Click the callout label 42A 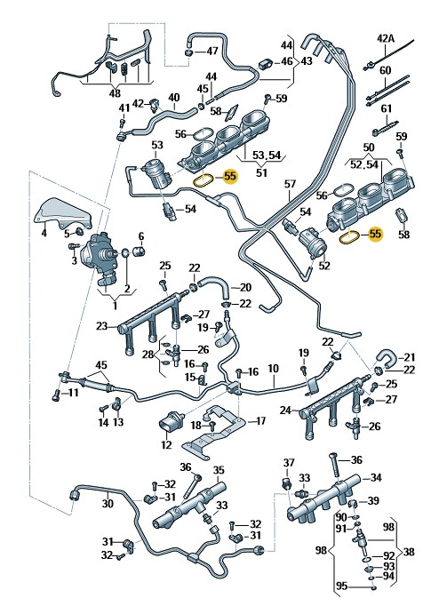coord(386,38)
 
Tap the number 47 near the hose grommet coord(212,51)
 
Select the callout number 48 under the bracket coord(116,92)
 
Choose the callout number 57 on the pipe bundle coord(291,184)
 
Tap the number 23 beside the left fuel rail coord(101,326)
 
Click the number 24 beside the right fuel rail coord(285,410)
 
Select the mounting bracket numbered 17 coord(213,432)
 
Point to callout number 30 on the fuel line coord(108,503)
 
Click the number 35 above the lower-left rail coord(219,470)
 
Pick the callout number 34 coord(376,478)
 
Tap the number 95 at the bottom coord(342,586)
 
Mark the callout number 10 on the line coord(273,369)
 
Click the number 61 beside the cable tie coord(387,109)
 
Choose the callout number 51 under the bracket coord(261,172)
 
